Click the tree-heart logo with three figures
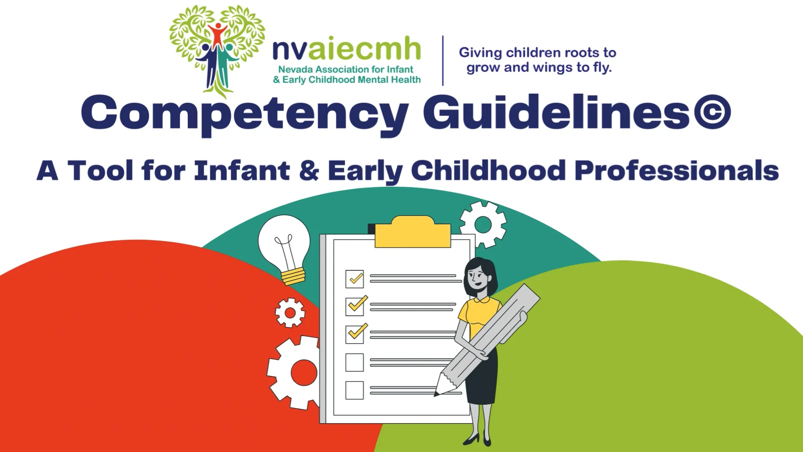click(217, 48)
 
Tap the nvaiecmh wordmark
click(346, 49)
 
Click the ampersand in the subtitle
click(309, 171)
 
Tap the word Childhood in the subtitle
click(488, 171)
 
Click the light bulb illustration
click(284, 247)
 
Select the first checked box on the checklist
click(355, 279)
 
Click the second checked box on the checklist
click(355, 306)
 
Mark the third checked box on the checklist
click(355, 334)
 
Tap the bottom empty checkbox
click(355, 390)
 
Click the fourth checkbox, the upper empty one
click(355, 362)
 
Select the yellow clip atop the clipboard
click(413, 232)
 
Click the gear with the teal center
click(483, 225)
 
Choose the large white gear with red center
click(297, 372)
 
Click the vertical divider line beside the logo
click(443, 61)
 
